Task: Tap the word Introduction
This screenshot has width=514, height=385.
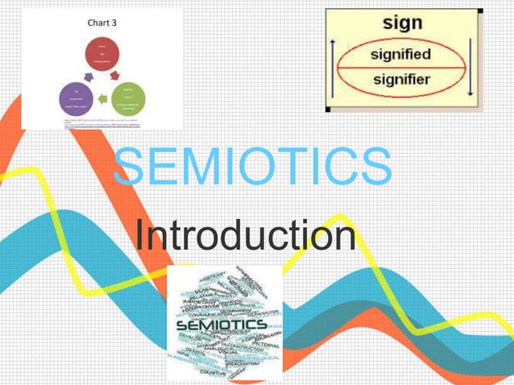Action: pyautogui.click(x=245, y=236)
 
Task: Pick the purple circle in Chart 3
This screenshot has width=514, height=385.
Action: pyautogui.click(x=77, y=100)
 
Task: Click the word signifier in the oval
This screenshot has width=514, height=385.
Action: pyautogui.click(x=400, y=79)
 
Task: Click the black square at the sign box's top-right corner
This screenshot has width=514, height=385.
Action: pyautogui.click(x=480, y=10)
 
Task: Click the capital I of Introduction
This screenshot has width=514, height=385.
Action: pyautogui.click(x=140, y=236)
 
